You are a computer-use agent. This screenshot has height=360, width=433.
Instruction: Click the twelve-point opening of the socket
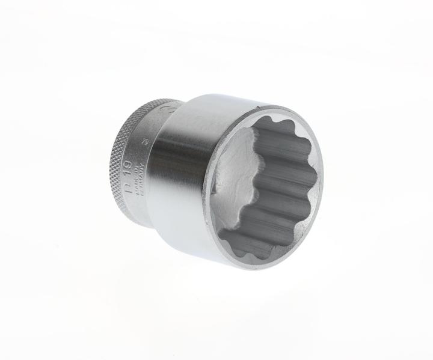pos(265,186)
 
